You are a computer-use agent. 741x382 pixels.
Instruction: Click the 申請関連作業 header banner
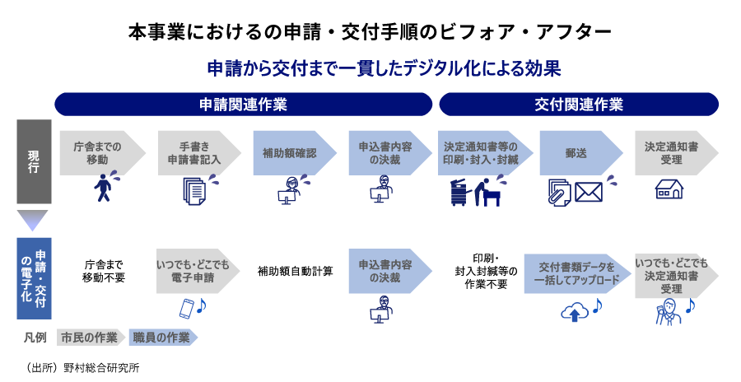point(243,105)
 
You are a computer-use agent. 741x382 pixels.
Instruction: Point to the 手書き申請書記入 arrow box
point(194,152)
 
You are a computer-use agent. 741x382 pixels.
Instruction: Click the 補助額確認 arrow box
point(290,152)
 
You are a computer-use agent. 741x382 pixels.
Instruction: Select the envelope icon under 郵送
point(590,192)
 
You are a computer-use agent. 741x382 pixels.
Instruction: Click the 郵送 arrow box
point(576,152)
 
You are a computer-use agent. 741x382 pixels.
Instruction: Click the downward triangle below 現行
point(33,220)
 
